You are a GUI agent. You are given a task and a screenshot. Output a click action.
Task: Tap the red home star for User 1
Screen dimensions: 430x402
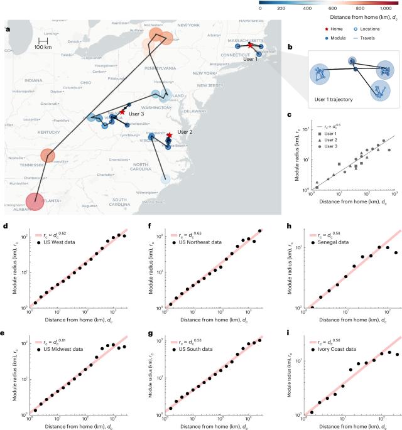[250, 45]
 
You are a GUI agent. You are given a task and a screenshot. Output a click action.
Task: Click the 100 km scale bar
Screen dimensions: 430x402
[43, 42]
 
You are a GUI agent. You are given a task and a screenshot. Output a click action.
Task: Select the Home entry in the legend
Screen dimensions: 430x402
[325, 30]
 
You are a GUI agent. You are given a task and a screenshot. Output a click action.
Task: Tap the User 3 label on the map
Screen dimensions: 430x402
[136, 114]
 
